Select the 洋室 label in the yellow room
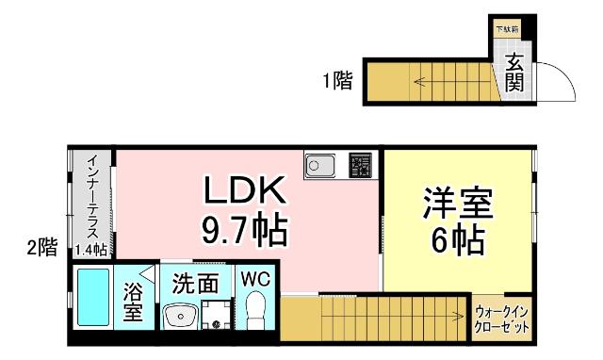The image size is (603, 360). point(459,204)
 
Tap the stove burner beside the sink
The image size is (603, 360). point(360,166)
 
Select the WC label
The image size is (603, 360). point(254,280)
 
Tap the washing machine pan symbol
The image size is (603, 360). point(216,315)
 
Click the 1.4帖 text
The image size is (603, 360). point(92,249)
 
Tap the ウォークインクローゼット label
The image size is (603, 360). point(501,319)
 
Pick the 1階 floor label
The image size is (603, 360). point(336,81)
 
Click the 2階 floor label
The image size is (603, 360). point(41,248)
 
